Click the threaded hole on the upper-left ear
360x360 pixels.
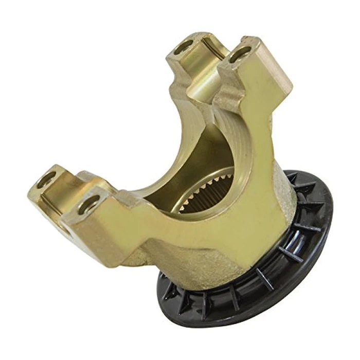[x=183, y=48]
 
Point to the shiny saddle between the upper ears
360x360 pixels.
[x=203, y=82]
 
